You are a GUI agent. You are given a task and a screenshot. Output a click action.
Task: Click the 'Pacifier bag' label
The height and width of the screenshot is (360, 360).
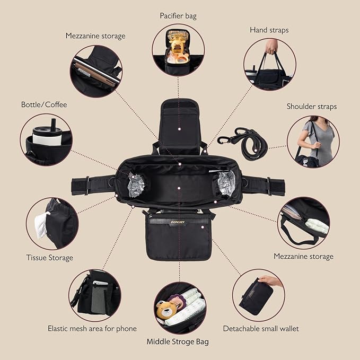[178, 16]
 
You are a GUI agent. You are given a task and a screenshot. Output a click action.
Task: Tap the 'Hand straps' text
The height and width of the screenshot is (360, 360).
[269, 30]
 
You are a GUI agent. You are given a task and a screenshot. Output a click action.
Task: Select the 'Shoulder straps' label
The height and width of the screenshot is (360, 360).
[312, 107]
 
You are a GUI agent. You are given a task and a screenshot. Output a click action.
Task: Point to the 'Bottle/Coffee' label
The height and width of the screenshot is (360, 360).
[44, 104]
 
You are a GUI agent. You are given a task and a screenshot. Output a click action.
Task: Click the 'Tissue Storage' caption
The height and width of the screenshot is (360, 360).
[50, 258]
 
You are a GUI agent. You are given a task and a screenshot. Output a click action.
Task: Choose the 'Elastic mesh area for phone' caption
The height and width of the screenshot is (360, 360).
[92, 329]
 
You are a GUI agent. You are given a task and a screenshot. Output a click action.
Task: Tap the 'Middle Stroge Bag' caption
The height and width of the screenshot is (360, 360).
[178, 341]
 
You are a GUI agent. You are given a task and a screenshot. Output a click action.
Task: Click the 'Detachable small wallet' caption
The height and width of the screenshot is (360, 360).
[261, 329]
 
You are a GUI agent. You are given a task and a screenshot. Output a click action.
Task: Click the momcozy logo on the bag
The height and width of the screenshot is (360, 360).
[178, 222]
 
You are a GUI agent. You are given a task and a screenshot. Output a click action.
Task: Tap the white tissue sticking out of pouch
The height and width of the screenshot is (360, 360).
[41, 224]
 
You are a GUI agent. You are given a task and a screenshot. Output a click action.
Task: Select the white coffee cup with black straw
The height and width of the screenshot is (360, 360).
[48, 134]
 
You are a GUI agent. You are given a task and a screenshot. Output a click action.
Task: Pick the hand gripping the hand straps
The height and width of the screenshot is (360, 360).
[271, 46]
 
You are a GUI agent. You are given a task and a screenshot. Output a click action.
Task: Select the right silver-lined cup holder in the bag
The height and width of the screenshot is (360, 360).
[226, 183]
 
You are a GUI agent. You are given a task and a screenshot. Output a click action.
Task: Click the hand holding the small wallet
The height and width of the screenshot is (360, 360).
[270, 280]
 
